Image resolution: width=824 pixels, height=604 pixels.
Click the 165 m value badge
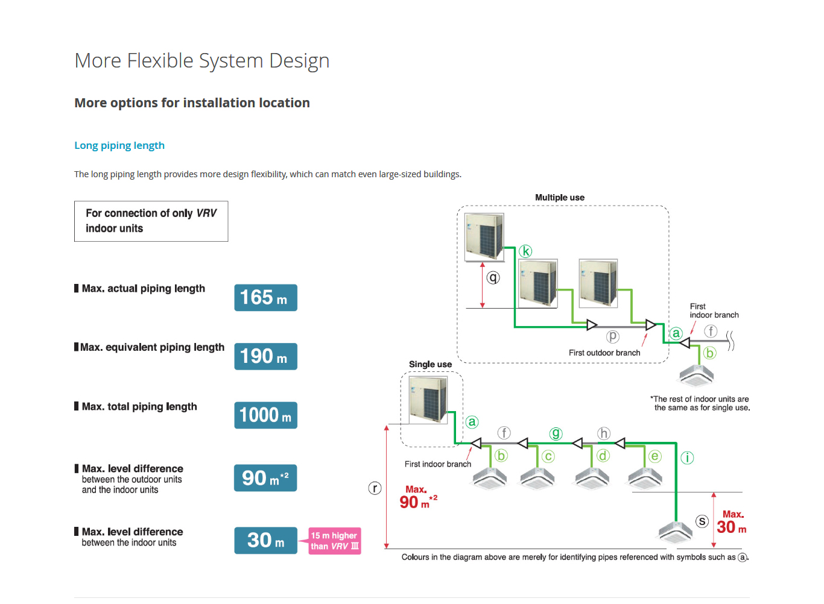265,298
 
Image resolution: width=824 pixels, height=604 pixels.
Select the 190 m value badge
265,356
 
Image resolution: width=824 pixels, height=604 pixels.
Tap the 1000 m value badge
265,415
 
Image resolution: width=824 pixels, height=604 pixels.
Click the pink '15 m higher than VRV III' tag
335,541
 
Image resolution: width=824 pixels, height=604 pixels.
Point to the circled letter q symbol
493,277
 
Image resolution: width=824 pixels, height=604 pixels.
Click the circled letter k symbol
525,251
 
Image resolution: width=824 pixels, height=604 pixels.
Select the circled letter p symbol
613,336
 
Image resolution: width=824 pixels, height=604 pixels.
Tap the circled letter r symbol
375,488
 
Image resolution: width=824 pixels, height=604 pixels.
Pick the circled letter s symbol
702,521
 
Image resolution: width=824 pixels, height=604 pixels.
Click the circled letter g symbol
556,433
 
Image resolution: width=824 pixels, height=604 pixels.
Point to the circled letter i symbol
687,458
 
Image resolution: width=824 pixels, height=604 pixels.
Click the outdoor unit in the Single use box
428,399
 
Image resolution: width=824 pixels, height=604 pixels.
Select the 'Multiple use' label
560,198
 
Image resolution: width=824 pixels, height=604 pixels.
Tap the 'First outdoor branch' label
604,353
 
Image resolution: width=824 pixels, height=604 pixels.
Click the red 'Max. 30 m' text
732,523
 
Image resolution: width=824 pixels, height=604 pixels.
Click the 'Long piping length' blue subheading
119,145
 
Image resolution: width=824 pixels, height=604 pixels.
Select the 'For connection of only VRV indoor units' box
151,221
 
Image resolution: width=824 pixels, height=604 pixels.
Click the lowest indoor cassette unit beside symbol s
676,532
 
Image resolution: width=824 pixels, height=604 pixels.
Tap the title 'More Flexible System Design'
202,61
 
